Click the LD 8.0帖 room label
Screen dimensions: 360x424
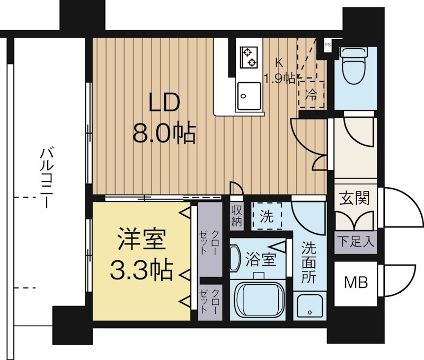click(164, 119)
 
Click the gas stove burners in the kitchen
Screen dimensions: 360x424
click(248, 58)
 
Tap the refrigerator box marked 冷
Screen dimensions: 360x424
click(312, 95)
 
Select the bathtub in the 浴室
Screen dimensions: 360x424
click(259, 300)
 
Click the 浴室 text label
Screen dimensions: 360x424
click(261, 260)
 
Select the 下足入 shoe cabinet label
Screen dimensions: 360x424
click(355, 242)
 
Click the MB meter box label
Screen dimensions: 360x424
click(355, 282)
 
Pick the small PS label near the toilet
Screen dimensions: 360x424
click(327, 45)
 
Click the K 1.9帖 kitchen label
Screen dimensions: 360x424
click(280, 71)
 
